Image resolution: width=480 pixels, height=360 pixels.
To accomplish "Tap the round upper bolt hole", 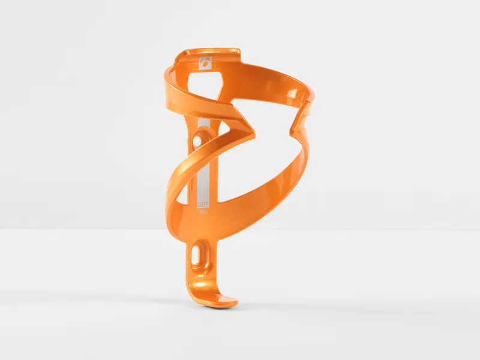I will click(199, 142).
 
